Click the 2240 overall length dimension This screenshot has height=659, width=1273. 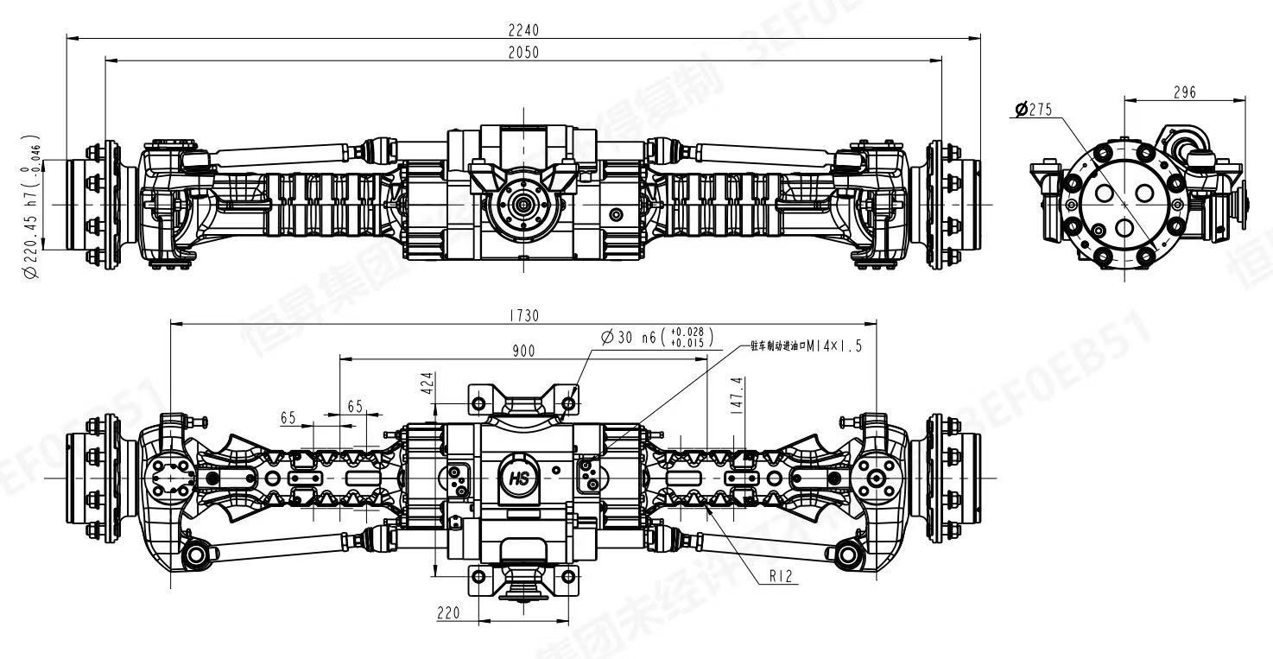pos(523,29)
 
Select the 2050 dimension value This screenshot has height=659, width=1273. pos(523,52)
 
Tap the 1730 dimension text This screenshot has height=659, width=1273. pos(523,316)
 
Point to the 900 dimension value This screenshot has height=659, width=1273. pos(523,350)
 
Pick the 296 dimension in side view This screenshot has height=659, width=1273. pos(1184,92)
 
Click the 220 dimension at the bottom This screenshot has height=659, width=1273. pos(448,612)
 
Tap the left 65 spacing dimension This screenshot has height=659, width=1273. pos(288,418)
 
